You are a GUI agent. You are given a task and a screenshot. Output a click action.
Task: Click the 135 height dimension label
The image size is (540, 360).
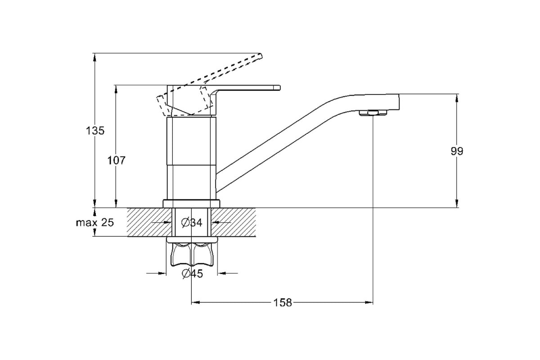coord(95,130)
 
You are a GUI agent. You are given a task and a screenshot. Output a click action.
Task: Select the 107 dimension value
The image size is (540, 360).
coord(116,160)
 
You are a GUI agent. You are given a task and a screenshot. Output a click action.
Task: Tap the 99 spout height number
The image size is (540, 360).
coord(457,151)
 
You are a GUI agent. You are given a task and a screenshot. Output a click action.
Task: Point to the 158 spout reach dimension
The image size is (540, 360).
coord(283,302)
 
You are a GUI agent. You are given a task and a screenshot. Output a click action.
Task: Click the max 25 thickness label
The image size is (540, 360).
coord(95,223)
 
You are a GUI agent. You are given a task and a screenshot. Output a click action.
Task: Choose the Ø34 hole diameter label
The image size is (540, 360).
coord(192,223)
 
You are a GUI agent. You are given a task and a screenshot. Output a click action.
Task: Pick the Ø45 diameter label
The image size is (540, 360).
coord(193,274)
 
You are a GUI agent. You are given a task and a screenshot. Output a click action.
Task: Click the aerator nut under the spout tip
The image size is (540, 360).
coord(373,113)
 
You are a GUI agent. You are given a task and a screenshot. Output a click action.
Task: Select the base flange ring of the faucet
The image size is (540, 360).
coord(191,203)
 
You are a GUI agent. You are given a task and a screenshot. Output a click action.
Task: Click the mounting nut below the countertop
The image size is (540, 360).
coord(192,254)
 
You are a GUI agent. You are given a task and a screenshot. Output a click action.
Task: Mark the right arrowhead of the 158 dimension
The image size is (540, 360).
coord(369,302)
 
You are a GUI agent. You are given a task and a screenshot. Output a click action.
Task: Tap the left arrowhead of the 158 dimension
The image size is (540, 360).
coord(196,302)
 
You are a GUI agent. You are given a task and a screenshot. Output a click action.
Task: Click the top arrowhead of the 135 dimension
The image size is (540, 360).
coord(95,58)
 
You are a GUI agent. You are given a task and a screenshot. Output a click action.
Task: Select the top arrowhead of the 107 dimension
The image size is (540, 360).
coord(116,90)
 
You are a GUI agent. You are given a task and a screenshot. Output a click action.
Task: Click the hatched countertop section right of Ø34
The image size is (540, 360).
coord(234,222)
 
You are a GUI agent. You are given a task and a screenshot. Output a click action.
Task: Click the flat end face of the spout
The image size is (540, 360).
coord(399,102)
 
